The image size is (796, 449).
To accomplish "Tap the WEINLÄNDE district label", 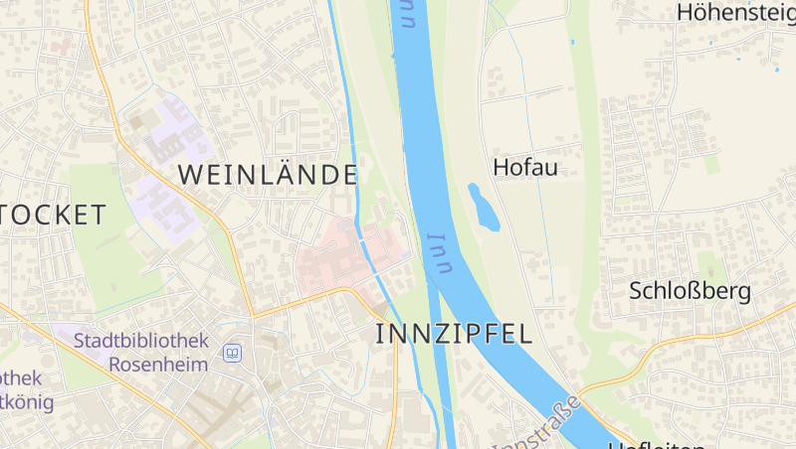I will (268, 176).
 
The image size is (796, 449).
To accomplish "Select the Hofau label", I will (525, 167).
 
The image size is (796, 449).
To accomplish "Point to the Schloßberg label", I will (690, 291).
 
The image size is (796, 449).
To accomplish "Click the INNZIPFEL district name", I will (454, 334).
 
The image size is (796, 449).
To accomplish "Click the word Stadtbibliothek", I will (141, 341).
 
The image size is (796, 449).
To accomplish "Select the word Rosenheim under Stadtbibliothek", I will (158, 364).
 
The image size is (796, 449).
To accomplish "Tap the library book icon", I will (233, 353).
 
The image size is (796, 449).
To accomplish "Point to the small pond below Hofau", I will (484, 207).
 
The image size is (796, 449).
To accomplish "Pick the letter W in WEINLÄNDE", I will (189, 176).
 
